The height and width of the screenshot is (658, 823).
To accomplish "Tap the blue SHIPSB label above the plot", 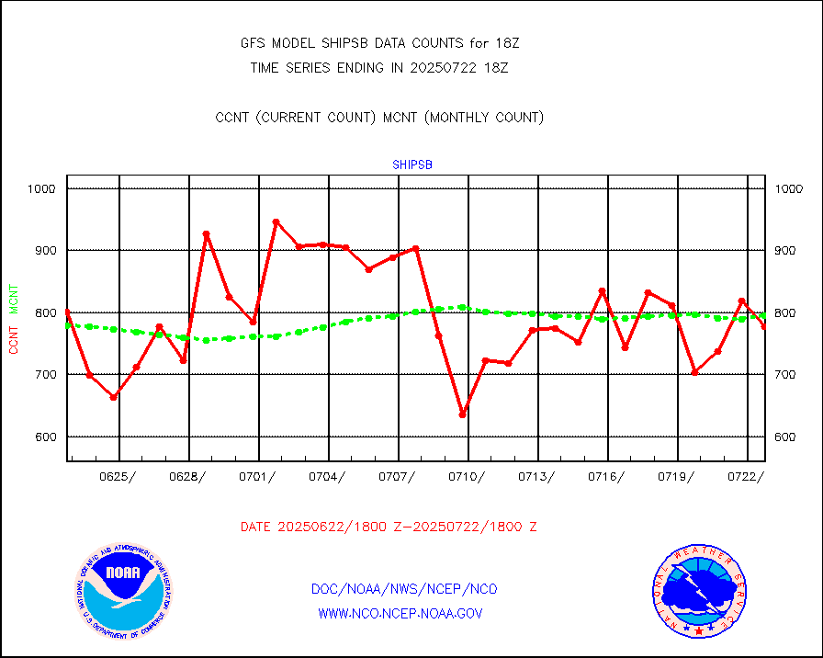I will tap(412, 164).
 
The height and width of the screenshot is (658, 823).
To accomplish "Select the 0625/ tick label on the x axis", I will tap(118, 476).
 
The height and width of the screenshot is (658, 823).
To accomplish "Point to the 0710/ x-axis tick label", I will tap(468, 476).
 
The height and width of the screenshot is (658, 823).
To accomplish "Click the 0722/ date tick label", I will tap(747, 476).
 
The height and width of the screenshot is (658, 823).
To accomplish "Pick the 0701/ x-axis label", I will tap(258, 476).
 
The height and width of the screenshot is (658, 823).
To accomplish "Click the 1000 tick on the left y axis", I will tap(41, 188).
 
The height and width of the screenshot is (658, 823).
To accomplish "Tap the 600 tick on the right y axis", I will tap(789, 437).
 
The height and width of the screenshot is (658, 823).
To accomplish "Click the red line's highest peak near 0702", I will tap(276, 221).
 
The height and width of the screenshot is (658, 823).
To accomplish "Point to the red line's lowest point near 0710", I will tap(463, 414).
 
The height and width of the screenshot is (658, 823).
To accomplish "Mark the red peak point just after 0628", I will tap(207, 234).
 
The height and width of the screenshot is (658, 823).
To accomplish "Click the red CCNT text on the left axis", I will tap(14, 337).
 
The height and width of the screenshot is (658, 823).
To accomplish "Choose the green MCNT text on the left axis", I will tap(14, 298).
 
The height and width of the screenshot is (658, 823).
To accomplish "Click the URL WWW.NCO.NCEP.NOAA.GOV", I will tap(400, 613).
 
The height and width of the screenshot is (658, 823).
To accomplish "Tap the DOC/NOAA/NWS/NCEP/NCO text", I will tap(404, 589).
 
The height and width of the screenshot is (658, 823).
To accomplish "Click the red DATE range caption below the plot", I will tap(389, 527).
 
